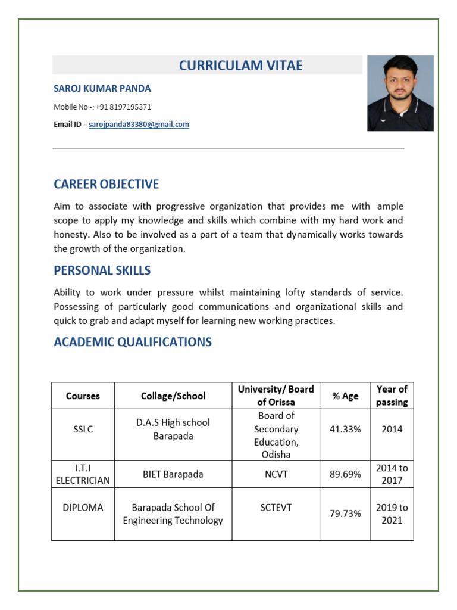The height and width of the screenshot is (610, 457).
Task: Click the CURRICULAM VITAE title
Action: (240, 66)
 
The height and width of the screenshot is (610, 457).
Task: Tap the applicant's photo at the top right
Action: (400, 94)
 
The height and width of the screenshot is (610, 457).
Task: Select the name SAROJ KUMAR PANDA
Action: (102, 89)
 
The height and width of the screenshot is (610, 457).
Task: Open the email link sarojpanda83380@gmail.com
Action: (139, 125)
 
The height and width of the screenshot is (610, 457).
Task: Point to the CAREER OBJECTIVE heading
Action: (107, 184)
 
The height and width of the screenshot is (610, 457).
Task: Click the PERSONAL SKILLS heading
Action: (102, 270)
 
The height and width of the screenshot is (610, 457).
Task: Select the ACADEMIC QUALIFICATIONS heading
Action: (133, 342)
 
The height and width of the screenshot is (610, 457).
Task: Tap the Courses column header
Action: (83, 396)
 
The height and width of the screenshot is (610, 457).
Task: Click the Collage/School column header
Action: (173, 396)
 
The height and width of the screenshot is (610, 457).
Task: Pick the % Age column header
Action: (345, 396)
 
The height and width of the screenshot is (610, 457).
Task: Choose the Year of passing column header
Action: (392, 396)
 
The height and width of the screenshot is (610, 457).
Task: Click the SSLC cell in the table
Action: (83, 429)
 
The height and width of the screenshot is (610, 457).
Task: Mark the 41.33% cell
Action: (345, 429)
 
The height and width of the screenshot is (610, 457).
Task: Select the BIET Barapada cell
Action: (173, 474)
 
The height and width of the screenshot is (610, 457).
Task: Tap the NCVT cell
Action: (276, 474)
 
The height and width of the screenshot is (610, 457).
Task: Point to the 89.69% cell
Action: (345, 474)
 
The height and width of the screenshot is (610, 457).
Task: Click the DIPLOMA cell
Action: (83, 508)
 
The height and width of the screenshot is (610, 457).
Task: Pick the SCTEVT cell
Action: (276, 508)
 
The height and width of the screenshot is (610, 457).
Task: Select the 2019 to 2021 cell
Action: (392, 513)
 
